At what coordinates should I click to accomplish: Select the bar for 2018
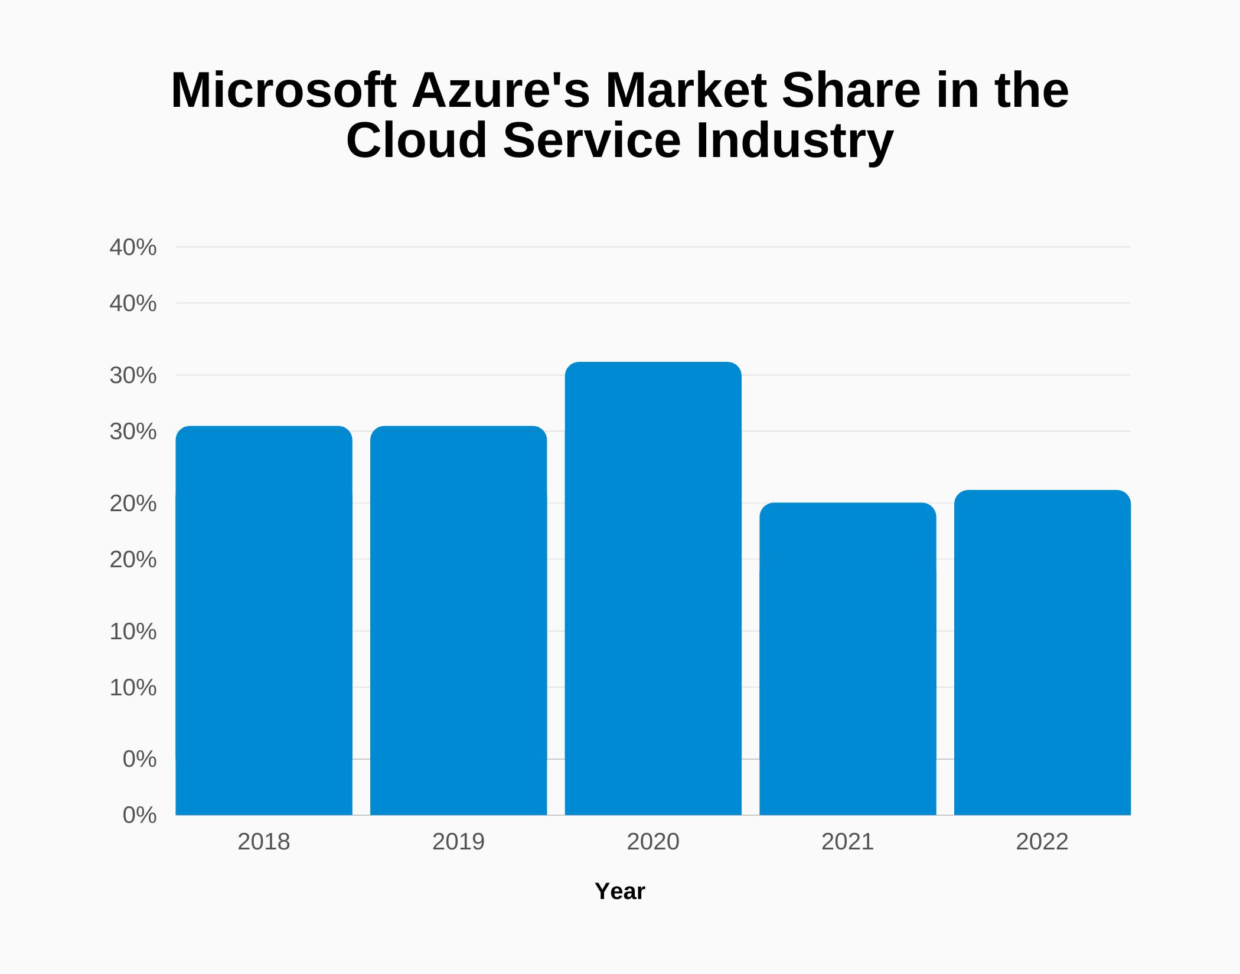[264, 620]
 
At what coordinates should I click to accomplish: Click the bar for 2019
[458, 620]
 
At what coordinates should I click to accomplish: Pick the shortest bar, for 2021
[847, 658]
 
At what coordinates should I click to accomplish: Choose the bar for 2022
[1042, 652]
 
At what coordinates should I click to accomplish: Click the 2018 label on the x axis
[264, 842]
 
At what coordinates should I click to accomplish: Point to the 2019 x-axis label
[458, 842]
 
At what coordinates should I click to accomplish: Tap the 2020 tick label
[653, 842]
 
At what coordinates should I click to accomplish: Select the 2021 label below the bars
[847, 842]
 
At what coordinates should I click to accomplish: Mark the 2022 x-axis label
[1042, 842]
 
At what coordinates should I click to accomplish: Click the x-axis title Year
[620, 891]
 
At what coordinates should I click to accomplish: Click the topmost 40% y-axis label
[133, 247]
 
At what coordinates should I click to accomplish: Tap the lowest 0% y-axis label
[139, 815]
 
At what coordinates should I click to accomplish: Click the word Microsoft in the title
[283, 90]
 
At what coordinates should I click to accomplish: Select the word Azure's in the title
[501, 90]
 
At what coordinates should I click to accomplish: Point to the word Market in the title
[686, 90]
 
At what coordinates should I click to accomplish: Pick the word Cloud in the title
[416, 140]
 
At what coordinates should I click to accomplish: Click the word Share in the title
[851, 90]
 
